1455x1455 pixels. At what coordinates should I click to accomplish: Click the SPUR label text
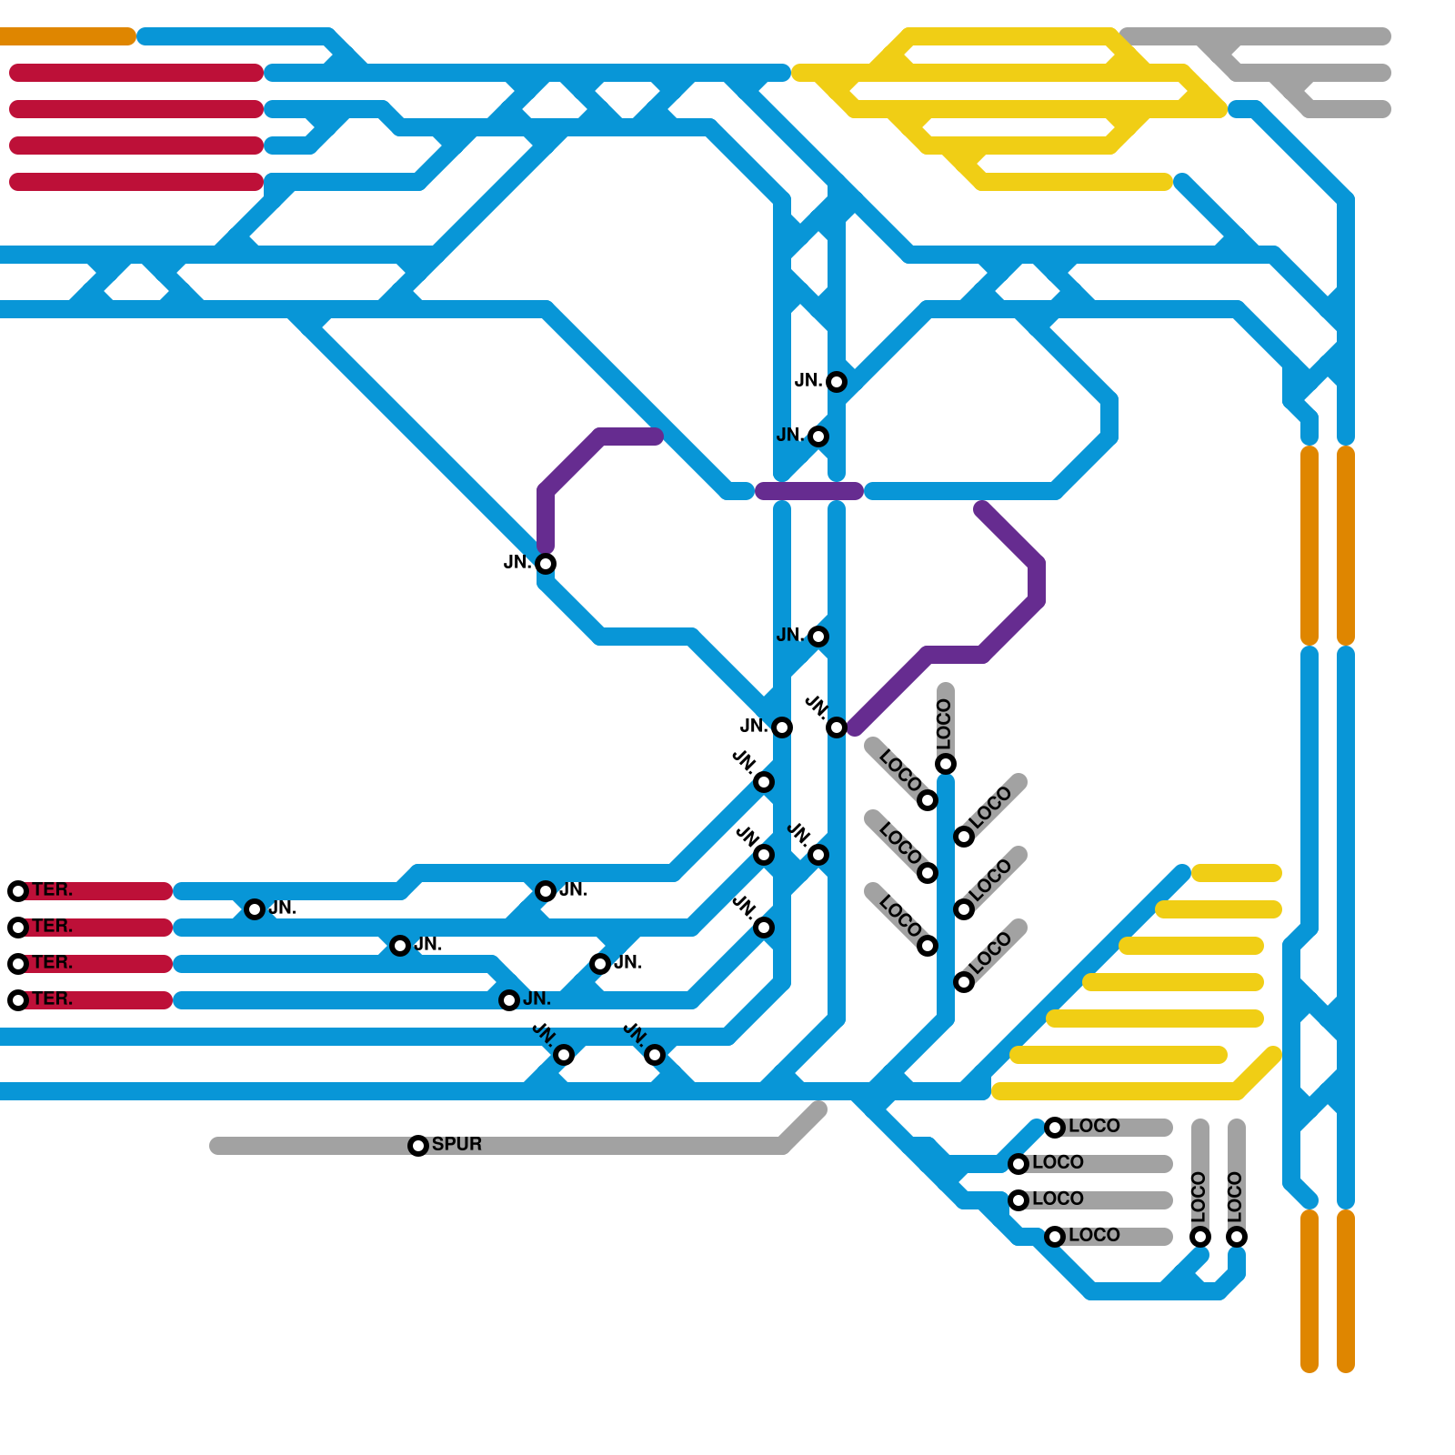coord(457,1144)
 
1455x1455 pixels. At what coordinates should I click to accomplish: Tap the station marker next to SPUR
coord(418,1146)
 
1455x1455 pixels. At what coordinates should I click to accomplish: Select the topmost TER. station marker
coord(18,891)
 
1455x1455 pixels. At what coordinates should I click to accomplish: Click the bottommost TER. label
coord(52,998)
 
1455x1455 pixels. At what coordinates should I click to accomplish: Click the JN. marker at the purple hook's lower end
coord(546,564)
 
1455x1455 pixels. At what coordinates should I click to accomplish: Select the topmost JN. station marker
coord(837,382)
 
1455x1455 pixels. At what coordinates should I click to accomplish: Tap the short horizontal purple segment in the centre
coord(809,491)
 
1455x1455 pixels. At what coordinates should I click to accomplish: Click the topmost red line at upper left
coord(136,73)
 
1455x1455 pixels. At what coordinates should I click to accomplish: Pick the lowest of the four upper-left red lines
coord(136,182)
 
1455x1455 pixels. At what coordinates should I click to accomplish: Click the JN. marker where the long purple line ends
coord(837,727)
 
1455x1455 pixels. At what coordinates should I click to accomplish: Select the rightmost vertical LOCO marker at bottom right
coord(1237,1237)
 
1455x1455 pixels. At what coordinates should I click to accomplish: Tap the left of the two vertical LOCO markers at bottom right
coord(1200,1237)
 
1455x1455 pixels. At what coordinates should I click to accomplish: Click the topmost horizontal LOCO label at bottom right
coord(1094,1126)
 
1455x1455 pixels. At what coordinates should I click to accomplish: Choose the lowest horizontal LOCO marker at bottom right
coord(1055,1237)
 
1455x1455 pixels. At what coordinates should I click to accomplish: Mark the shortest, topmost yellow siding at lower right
coord(1237,873)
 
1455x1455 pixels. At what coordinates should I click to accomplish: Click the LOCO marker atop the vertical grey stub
coord(946,764)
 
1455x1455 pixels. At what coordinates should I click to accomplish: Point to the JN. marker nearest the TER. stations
coord(255,909)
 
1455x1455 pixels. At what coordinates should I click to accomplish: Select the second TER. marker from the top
coord(18,928)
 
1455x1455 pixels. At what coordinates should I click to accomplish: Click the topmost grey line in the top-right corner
coord(1255,36)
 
